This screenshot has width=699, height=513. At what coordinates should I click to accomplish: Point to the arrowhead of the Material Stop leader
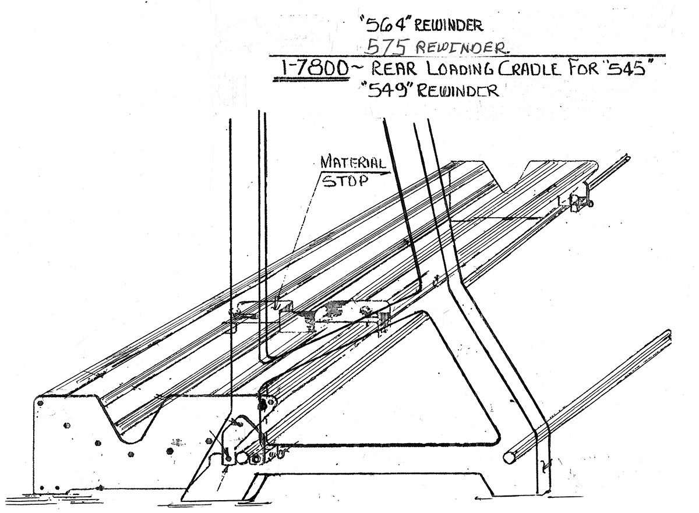click(x=278, y=305)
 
